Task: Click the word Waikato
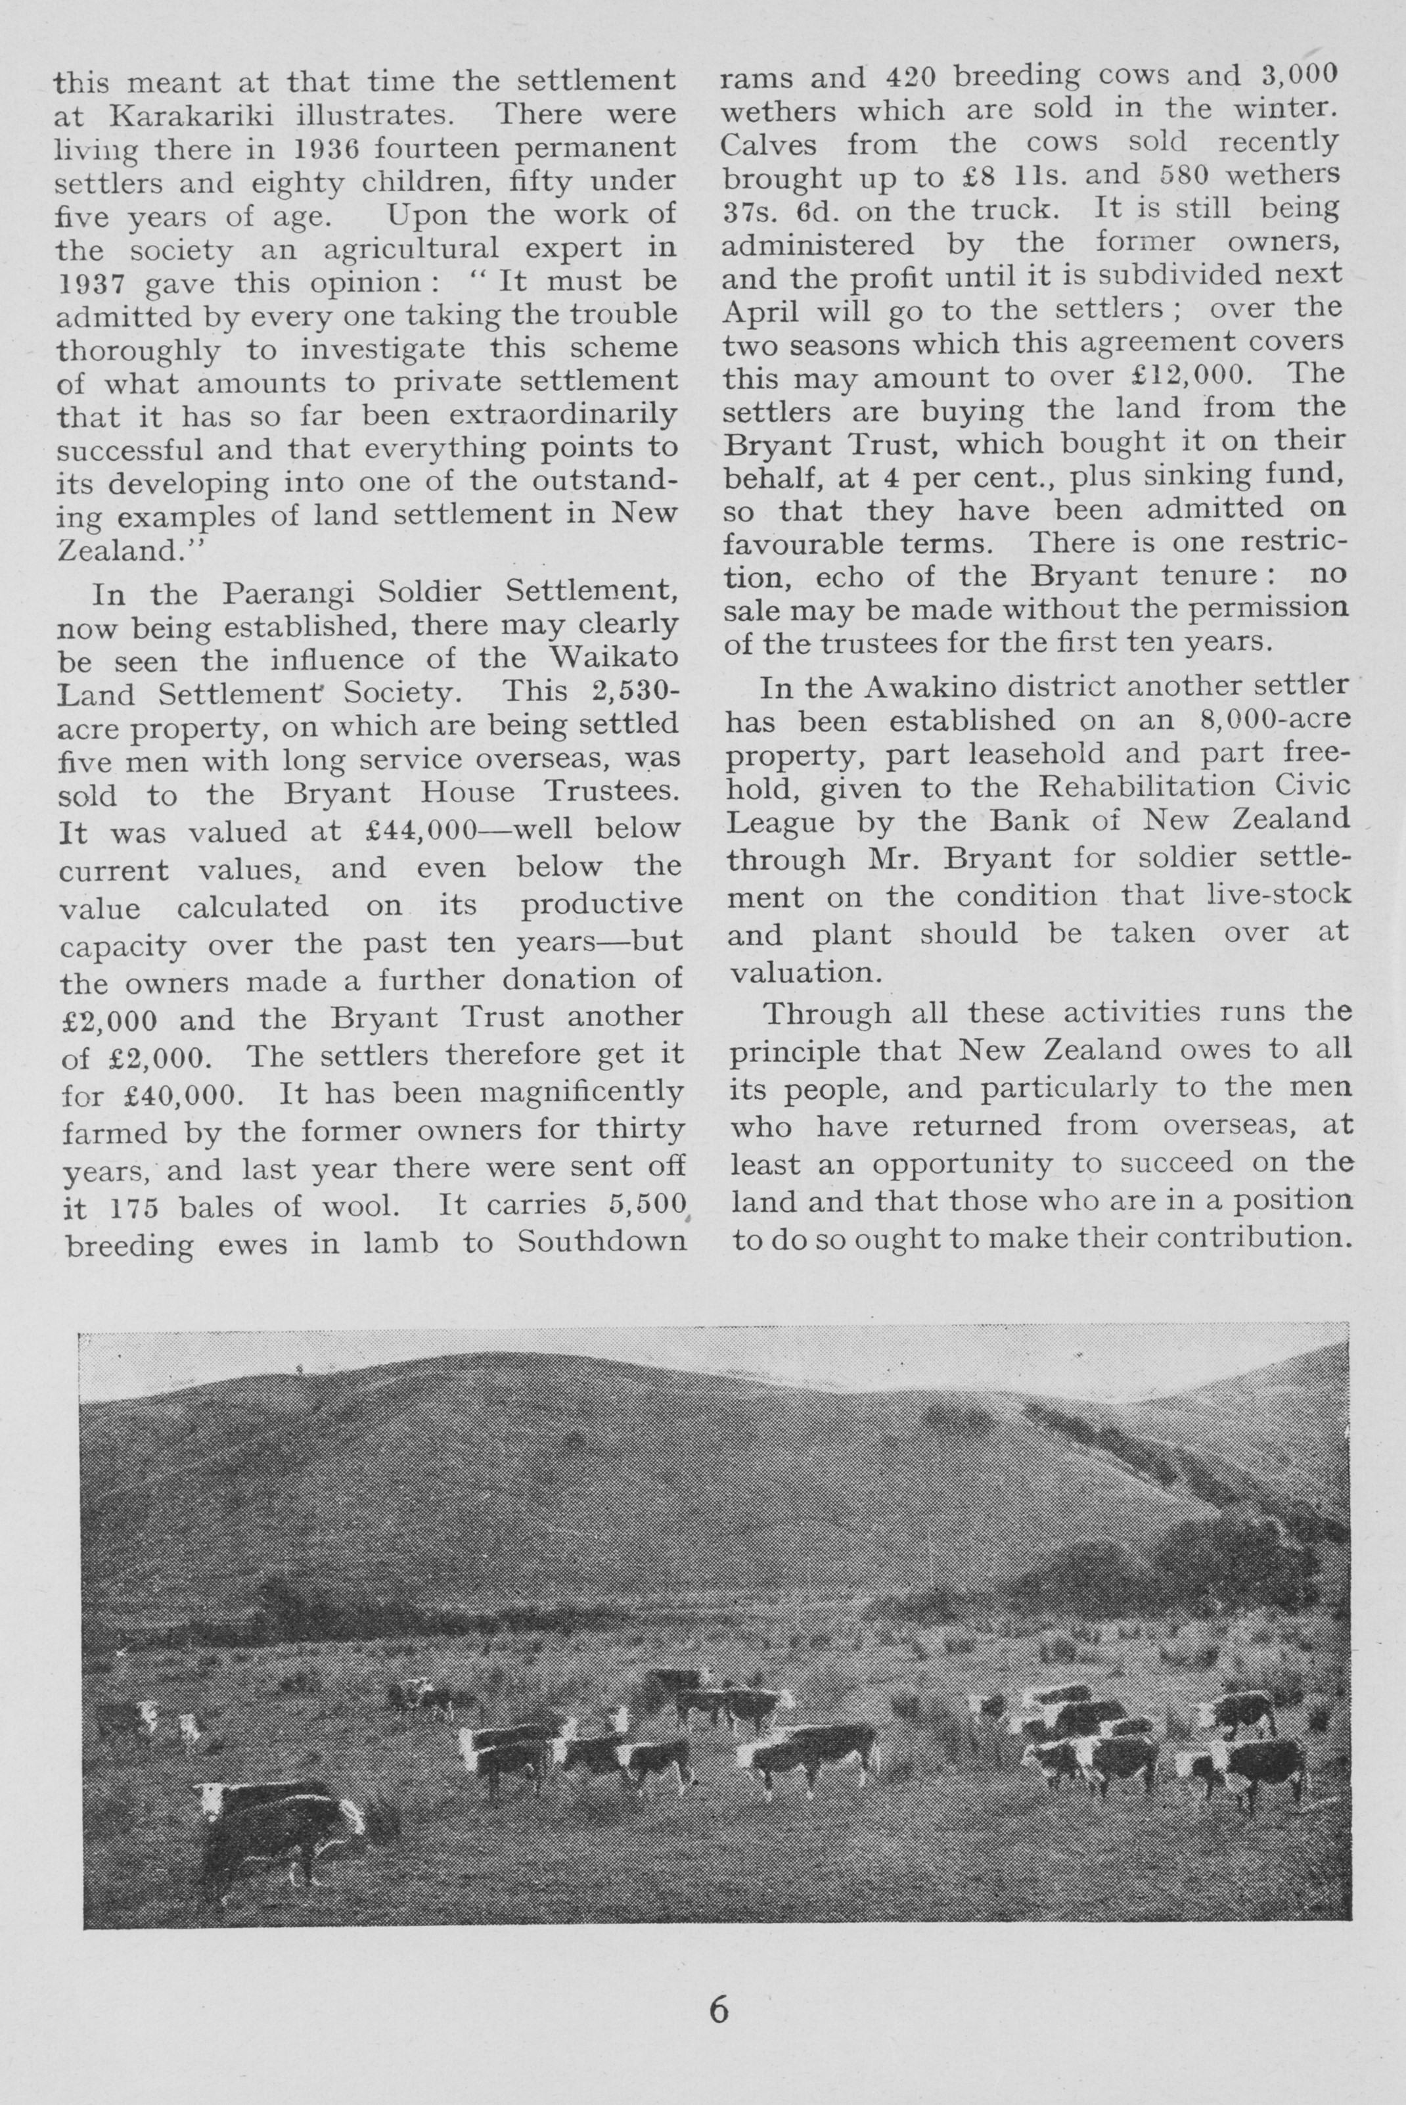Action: coord(612,659)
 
